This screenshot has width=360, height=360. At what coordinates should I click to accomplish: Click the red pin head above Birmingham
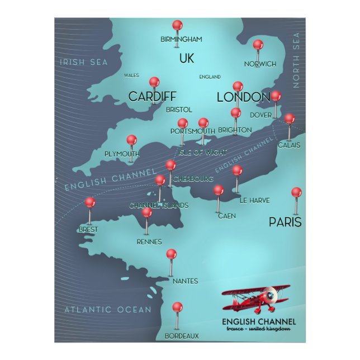click(177, 25)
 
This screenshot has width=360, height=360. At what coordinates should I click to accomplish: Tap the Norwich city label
click(259, 64)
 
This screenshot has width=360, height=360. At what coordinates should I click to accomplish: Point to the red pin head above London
click(238, 86)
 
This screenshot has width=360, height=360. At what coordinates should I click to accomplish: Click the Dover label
click(260, 115)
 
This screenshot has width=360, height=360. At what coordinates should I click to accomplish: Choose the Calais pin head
click(289, 119)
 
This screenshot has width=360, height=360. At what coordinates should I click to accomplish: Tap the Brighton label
click(235, 130)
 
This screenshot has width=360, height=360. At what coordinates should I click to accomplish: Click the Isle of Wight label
click(202, 152)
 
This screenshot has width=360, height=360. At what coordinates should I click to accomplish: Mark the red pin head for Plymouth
click(131, 139)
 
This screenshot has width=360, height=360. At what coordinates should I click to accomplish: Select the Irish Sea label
click(84, 62)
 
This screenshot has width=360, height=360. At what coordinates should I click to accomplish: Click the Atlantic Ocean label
click(107, 309)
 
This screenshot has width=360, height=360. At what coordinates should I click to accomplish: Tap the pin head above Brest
click(90, 202)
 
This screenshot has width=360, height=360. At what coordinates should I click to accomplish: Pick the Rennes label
click(149, 242)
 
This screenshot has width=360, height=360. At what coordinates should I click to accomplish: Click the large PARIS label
click(285, 222)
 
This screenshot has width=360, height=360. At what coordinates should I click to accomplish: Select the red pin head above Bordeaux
click(177, 307)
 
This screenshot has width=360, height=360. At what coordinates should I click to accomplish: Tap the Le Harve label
click(254, 200)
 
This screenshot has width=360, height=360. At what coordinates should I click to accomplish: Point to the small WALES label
click(131, 75)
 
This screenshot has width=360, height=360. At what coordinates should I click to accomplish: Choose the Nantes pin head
click(171, 253)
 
